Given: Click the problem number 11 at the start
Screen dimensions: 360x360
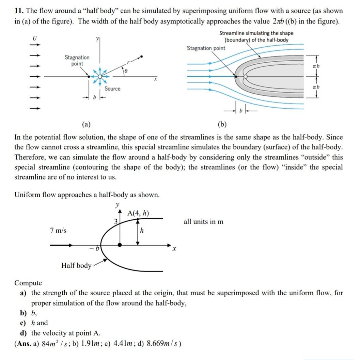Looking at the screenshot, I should click(18, 11).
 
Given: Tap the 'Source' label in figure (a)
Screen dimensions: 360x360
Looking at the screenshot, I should click(112, 89).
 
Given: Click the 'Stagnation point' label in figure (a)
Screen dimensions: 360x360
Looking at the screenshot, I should click(77, 61).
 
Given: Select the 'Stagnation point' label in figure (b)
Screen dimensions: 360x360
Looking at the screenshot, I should click(206, 48).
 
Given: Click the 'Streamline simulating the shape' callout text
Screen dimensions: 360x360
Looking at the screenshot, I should click(256, 33).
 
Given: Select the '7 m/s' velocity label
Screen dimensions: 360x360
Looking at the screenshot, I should click(58, 231).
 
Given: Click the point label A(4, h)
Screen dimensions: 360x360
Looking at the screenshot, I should click(138, 214).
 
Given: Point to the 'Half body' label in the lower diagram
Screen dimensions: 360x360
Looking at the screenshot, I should click(76, 265).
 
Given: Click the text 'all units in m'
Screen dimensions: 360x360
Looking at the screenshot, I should click(204, 222).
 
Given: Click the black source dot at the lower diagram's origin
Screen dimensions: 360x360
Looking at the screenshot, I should click(120, 245).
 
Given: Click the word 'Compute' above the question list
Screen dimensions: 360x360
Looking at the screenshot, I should click(28, 283).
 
